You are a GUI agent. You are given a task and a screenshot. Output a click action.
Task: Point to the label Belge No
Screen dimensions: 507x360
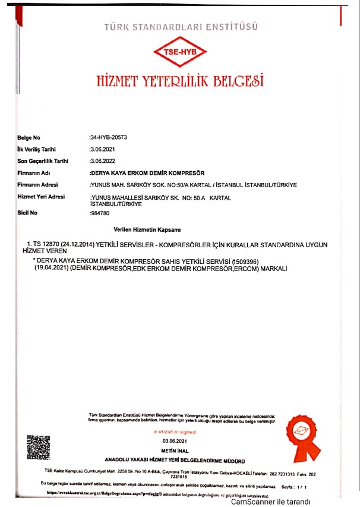[x=29, y=137]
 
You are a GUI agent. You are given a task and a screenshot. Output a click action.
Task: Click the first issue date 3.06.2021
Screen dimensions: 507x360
[x=101, y=149]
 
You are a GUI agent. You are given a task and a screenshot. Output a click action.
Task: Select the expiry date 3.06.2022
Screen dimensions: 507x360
[x=101, y=160]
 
